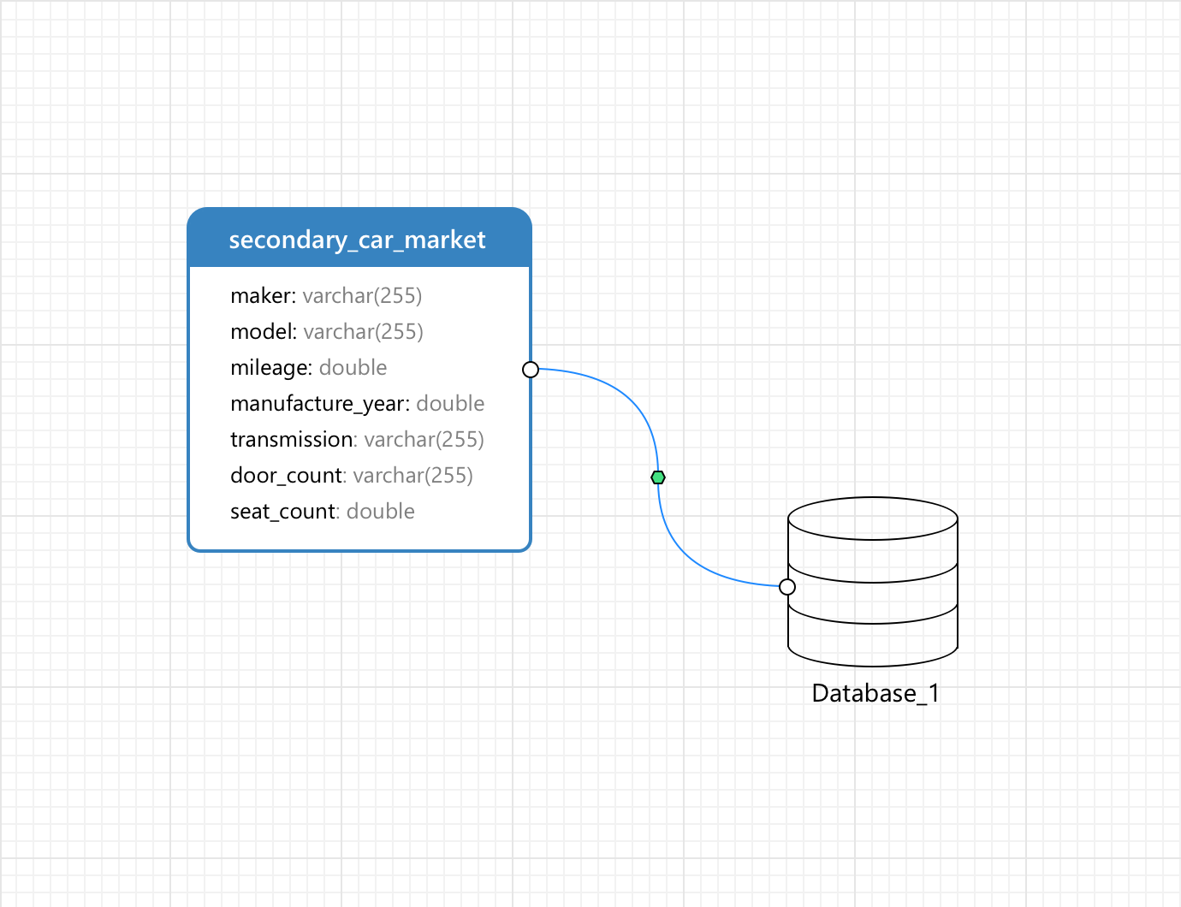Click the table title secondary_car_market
pos(357,240)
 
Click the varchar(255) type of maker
pos(362,296)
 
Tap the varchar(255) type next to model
pos(363,332)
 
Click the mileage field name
pos(269,368)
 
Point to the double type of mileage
pos(353,368)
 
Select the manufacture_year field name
pos(318,404)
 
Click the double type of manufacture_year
pos(450,404)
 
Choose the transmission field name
pos(291,440)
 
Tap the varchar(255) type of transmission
pos(424,440)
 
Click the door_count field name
pos(286,476)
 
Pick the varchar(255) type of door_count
pos(412,476)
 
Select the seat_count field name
pos(282,512)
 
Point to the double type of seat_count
pos(380,512)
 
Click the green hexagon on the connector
pos(658,477)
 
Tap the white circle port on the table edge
pos(531,370)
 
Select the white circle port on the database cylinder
pos(787,587)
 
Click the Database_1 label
pos(875,693)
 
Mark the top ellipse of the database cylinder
pos(872,519)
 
